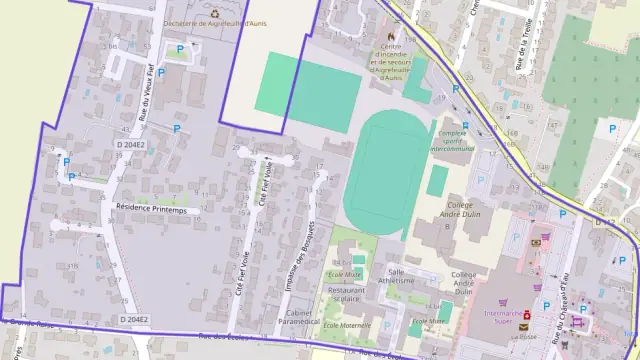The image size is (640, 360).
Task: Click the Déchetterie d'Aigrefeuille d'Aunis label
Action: coord(213,24)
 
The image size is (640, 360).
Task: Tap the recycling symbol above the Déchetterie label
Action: coord(213,13)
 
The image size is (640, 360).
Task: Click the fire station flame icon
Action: coord(390,36)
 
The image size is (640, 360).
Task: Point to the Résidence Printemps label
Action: coord(151,209)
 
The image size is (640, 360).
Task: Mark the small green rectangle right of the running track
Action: coord(437,180)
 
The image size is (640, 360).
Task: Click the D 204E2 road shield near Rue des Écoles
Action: coord(134,319)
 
